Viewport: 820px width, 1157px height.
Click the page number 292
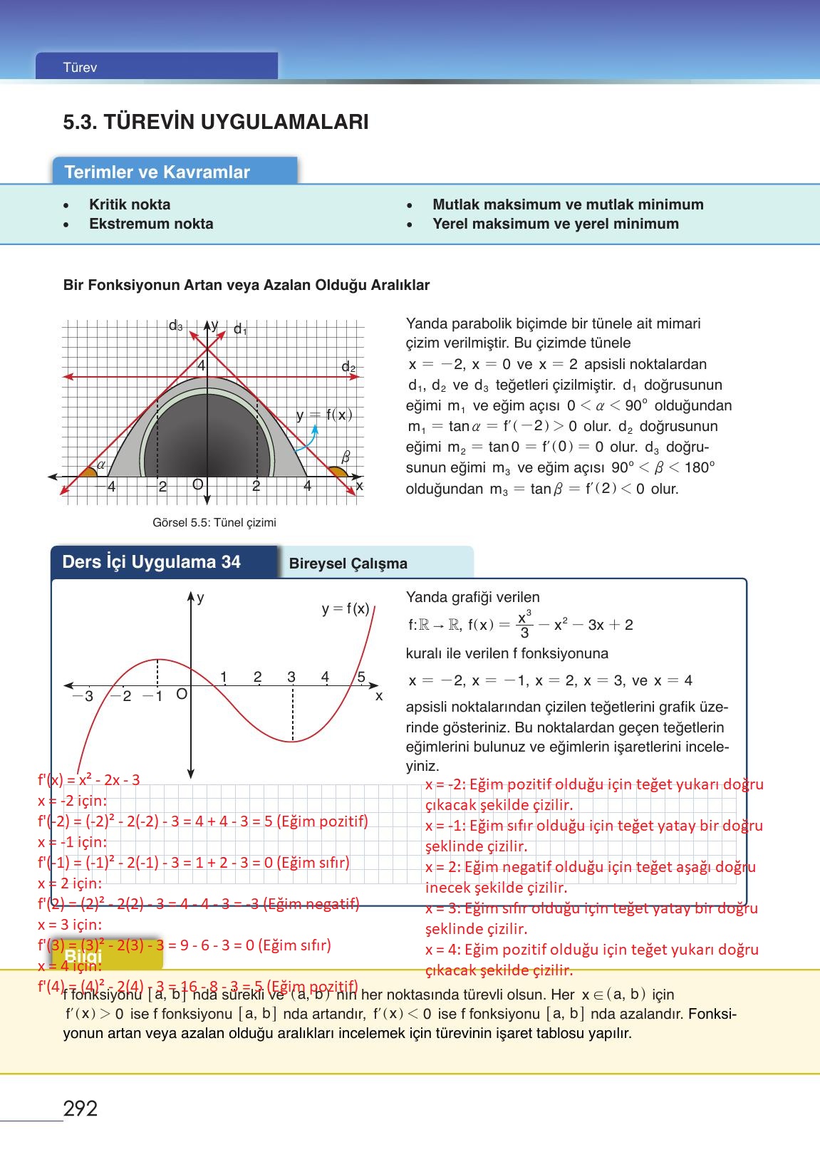tap(81, 1108)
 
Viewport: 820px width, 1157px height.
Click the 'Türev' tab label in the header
tap(80, 68)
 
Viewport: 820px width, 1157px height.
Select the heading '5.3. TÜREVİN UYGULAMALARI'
tap(216, 122)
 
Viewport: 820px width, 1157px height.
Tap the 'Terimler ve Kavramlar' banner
tap(157, 172)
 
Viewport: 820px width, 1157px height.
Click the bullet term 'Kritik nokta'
tap(130, 204)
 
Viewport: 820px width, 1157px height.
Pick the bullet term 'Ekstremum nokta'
tap(151, 224)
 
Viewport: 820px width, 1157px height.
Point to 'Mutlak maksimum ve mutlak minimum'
tap(568, 204)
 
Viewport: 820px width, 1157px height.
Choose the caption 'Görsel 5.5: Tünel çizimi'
tap(214, 522)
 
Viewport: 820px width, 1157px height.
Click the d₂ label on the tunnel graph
tap(348, 367)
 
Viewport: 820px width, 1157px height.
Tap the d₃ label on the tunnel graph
tap(175, 326)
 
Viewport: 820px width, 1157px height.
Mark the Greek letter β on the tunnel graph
tap(346, 456)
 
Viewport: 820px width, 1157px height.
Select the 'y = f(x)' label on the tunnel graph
tap(324, 415)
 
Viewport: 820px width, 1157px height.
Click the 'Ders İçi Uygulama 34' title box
tap(152, 562)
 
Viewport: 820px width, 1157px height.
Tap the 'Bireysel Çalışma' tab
tap(348, 564)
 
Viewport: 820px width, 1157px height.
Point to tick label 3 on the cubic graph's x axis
tap(291, 677)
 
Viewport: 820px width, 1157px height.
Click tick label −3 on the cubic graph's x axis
tap(84, 696)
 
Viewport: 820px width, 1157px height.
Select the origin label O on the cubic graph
tap(182, 693)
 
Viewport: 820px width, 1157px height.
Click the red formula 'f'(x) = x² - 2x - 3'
tap(89, 779)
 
